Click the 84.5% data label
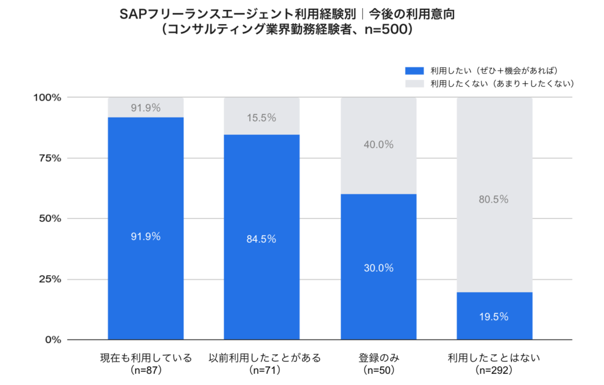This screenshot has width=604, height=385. click(261, 239)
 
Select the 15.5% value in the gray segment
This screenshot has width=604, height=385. click(261, 118)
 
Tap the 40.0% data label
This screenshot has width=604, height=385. click(378, 145)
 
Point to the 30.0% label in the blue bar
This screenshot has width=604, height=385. click(378, 267)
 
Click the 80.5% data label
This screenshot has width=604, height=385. click(494, 199)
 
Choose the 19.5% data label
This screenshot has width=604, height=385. click(494, 317)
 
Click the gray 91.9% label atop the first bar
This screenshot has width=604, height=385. click(146, 108)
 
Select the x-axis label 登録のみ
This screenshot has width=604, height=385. click(378, 358)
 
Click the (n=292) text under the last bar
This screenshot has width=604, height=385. click(494, 370)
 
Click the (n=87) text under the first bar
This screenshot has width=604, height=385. click(146, 370)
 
